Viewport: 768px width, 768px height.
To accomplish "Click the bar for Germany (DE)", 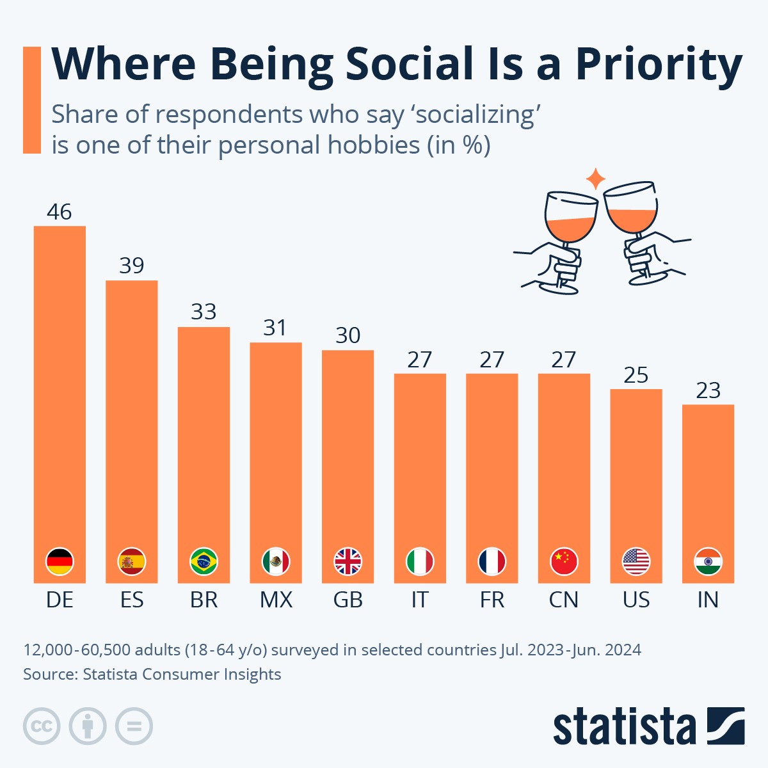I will tap(60, 384).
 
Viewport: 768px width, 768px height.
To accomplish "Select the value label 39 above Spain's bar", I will tap(132, 266).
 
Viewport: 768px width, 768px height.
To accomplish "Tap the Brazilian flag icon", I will tap(204, 562).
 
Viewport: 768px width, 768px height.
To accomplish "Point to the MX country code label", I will tap(276, 600).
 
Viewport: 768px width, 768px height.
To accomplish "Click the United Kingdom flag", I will tap(348, 562).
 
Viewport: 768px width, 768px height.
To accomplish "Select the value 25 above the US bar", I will tap(636, 375).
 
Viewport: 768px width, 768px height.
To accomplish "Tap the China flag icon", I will tap(564, 562).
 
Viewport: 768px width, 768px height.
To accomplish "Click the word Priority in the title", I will tap(659, 65).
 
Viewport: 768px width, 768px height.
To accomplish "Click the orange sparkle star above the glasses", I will tap(596, 179).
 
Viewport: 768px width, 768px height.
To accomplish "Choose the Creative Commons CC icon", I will tap(42, 726).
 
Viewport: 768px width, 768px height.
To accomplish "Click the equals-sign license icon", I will tap(134, 726).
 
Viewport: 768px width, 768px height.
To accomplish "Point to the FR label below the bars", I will tap(492, 600).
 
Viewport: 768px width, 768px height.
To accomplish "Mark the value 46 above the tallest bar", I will tap(60, 212).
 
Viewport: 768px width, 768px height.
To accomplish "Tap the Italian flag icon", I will tap(420, 562).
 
